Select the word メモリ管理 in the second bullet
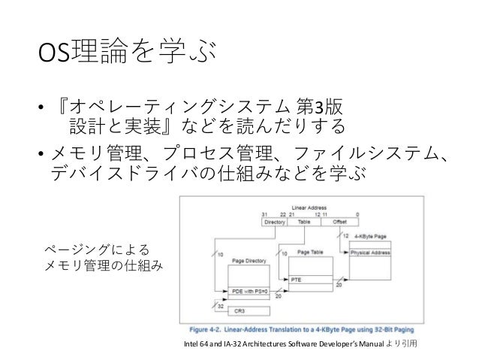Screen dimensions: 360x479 coord(95,153)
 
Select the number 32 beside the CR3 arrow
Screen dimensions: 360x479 coord(220,307)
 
